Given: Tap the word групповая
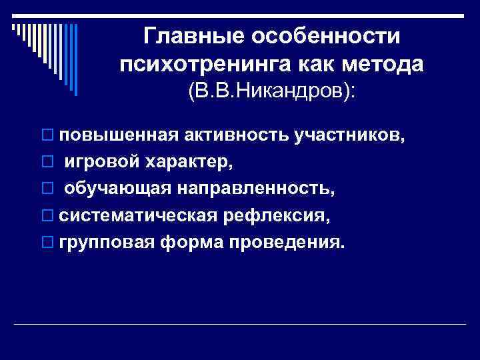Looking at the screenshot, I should (x=105, y=243).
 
